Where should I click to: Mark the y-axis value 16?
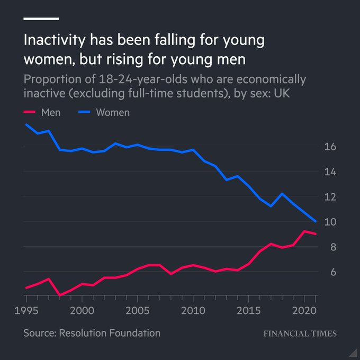(x=329, y=147)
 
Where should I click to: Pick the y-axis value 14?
(x=329, y=172)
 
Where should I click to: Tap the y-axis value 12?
(x=329, y=197)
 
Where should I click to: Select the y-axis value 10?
(x=329, y=222)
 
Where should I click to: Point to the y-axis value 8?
(x=331, y=247)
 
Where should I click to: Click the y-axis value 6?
(x=331, y=272)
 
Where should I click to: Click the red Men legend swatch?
(x=30, y=112)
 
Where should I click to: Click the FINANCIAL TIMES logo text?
(x=300, y=334)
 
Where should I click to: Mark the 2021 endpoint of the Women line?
(x=316, y=221)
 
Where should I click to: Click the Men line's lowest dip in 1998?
(x=60, y=295)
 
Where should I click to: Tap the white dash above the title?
(x=41, y=19)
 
